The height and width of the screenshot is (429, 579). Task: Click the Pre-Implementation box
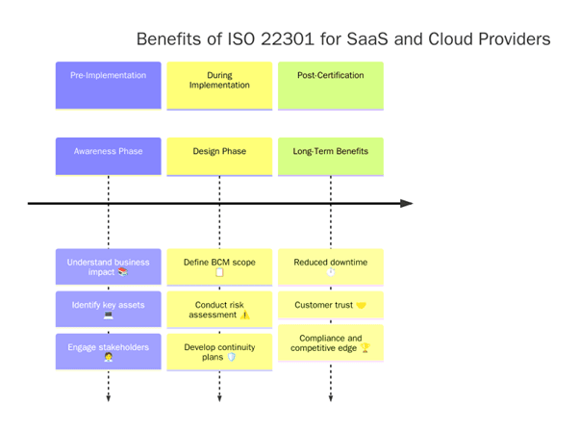click(108, 85)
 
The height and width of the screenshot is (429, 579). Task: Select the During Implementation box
click(219, 85)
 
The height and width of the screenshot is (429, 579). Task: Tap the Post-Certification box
click(331, 85)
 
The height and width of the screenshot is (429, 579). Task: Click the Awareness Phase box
click(108, 156)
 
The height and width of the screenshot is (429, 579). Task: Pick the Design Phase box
click(219, 156)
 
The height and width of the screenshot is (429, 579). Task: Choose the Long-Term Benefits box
click(331, 156)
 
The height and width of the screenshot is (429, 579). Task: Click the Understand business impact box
click(108, 266)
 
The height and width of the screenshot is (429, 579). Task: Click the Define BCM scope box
click(219, 266)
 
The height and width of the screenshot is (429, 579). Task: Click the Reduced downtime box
click(331, 266)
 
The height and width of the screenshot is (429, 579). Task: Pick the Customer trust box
click(331, 306)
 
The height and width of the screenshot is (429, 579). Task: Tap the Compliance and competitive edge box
click(331, 343)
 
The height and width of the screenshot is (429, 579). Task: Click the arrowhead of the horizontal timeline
click(407, 203)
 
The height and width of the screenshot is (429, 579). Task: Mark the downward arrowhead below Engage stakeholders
click(108, 396)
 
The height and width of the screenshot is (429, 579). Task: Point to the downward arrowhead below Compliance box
click(331, 396)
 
